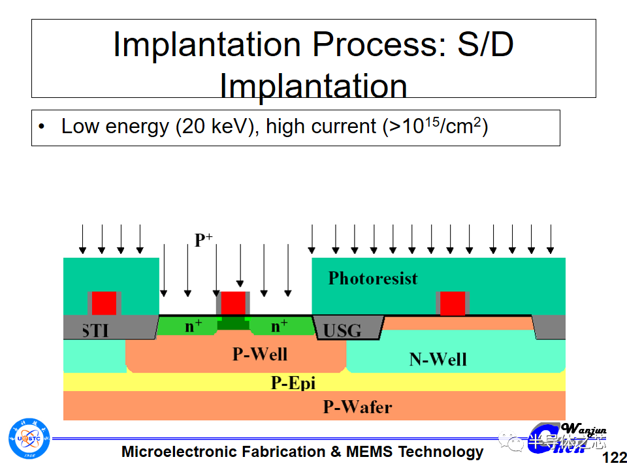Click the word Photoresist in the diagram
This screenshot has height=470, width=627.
[372, 278]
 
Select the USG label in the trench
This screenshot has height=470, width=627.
[342, 330]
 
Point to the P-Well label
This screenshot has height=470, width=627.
[260, 354]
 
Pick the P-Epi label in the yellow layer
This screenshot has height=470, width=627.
[293, 383]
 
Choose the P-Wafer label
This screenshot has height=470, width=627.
[357, 407]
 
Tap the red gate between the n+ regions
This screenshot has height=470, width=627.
[233, 303]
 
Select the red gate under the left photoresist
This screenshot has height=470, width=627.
[104, 303]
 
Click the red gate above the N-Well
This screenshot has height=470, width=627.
[452, 304]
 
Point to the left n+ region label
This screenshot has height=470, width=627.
[193, 326]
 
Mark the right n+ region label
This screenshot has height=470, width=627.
[280, 326]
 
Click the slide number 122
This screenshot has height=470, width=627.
[613, 457]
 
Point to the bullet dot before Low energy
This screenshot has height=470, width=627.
[42, 127]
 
